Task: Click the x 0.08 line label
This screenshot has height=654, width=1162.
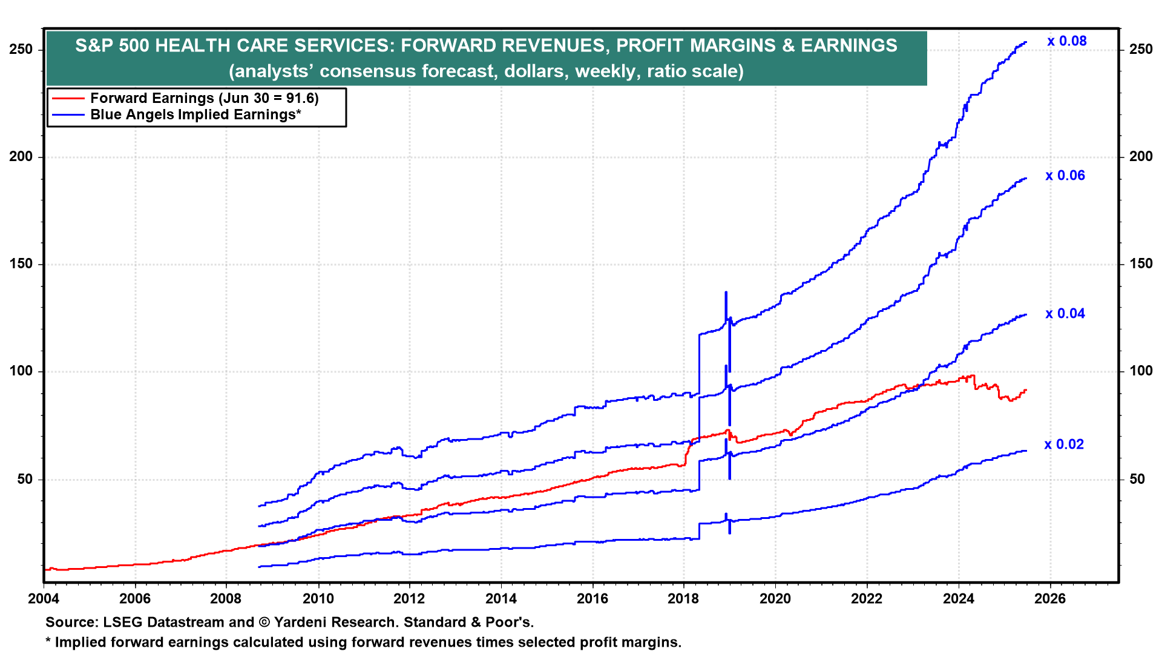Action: (1066, 41)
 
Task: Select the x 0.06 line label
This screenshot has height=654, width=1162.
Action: (1065, 176)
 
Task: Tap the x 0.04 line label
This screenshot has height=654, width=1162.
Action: (1065, 314)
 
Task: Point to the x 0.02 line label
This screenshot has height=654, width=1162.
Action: (1064, 444)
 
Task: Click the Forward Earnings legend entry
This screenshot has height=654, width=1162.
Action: (204, 98)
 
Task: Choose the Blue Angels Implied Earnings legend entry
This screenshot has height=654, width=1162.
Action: (195, 114)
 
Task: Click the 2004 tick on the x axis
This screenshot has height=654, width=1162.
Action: (44, 599)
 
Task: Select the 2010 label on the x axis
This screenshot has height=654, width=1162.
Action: (318, 599)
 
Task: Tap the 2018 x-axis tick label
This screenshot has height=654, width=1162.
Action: (683, 599)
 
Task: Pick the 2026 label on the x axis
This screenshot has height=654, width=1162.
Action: (1050, 599)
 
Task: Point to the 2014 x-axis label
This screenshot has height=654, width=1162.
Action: (501, 599)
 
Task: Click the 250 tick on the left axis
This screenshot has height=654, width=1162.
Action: (22, 49)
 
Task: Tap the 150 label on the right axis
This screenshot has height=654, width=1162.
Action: (1141, 264)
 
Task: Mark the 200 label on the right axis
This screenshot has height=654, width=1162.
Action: (1141, 156)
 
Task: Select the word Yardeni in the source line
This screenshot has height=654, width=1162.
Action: (305, 622)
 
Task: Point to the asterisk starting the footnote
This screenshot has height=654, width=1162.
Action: (48, 641)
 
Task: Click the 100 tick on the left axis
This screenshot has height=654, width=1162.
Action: (22, 371)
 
